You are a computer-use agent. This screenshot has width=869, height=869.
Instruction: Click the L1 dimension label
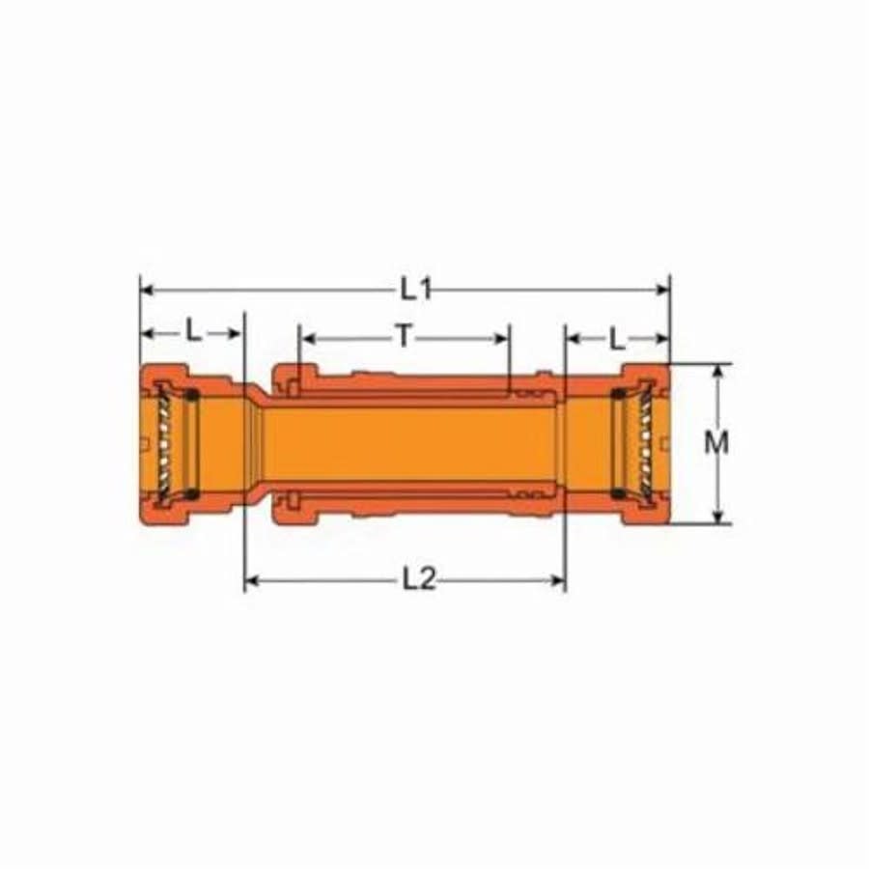pos(416,288)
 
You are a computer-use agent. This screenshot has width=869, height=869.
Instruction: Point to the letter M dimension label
pos(716,443)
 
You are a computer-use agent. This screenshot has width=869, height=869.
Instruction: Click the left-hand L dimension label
pos(194,333)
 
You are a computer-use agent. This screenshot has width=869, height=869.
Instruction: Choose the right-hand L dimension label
pos(615,337)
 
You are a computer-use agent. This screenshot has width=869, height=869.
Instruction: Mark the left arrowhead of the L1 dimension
pos(146,288)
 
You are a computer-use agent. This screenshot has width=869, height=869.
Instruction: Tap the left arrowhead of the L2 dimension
pos(250,579)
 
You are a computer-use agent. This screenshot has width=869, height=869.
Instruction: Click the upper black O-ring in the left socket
pos(191,394)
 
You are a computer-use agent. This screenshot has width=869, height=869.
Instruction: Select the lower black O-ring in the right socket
pos(617,493)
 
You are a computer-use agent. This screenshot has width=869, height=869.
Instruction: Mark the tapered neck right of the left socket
pos(253,444)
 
